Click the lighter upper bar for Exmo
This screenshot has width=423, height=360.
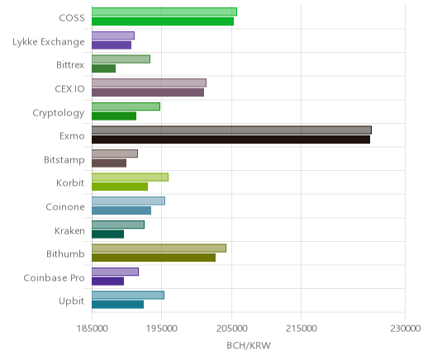(231, 130)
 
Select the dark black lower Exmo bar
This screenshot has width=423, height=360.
(231, 140)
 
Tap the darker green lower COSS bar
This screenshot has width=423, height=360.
(163, 21)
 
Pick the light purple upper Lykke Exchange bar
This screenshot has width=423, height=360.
(113, 36)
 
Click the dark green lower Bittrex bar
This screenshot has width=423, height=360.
(103, 69)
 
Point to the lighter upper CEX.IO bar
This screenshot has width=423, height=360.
(149, 83)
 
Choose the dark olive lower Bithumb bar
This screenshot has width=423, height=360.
(154, 258)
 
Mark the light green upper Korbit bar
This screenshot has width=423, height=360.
(130, 178)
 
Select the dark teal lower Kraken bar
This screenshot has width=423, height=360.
(107, 234)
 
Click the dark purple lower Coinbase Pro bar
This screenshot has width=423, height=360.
(107, 281)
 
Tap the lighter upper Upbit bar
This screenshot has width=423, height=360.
(128, 295)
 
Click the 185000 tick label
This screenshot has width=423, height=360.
(92, 328)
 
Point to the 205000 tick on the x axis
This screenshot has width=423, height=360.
(231, 328)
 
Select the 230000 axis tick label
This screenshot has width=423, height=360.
(405, 328)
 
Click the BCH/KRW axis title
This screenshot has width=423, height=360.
(249, 345)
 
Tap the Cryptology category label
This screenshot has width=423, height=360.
(59, 113)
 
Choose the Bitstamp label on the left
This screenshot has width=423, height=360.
(64, 160)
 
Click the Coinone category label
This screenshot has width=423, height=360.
(65, 206)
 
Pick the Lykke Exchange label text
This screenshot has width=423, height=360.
(49, 42)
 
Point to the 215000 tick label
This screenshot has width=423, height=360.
(301, 328)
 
